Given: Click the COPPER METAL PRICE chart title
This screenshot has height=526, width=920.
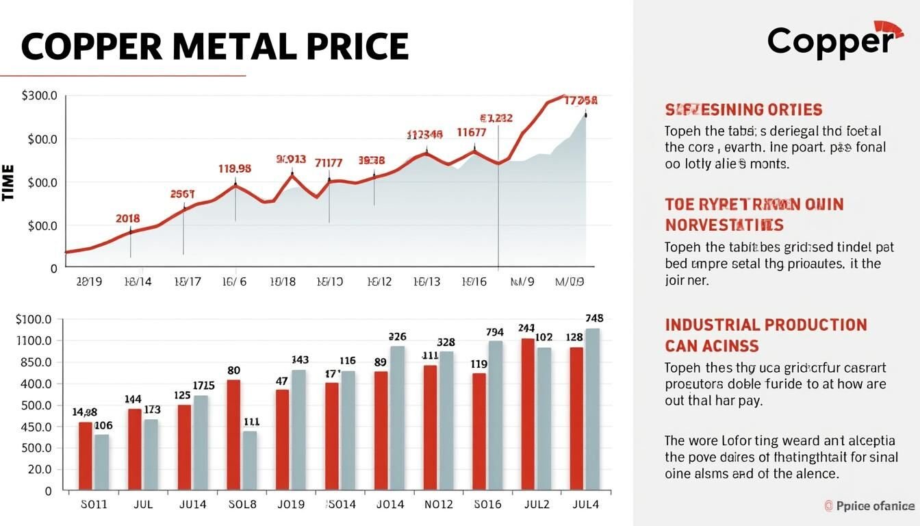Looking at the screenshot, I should [214, 46].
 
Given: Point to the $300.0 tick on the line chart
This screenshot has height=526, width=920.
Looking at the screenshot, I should [40, 96].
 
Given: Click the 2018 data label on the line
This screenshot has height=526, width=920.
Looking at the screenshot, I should [127, 218].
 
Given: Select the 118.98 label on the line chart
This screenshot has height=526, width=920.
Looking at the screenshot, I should [235, 168].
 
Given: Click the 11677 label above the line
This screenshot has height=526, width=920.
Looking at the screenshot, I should [471, 133].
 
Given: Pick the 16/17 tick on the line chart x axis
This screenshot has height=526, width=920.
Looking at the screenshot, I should [188, 281].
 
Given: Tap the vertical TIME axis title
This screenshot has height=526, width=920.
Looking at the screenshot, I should [9, 182].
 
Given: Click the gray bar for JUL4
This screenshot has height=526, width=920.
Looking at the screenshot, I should [592, 410].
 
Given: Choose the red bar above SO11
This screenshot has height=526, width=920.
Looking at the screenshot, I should [86, 456].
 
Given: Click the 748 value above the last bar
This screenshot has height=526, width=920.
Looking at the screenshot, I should [594, 318].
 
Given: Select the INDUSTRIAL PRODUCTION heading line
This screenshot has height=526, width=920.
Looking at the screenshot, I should [766, 325].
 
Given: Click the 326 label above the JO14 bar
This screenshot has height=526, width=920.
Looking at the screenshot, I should [397, 336].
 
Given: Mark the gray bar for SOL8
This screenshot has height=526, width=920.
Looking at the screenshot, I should [250, 460].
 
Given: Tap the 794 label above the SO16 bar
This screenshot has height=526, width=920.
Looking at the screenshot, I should [495, 332].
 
